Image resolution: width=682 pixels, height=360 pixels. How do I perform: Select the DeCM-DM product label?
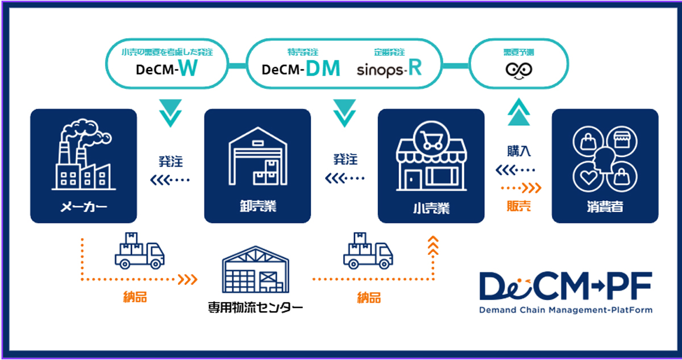[301, 69]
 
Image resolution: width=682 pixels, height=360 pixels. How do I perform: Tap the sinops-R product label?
[389, 69]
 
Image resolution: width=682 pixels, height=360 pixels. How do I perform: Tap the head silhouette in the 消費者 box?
[604, 163]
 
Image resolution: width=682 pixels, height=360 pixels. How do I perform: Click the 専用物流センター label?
[255, 309]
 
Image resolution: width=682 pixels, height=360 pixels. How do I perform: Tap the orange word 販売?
[519, 206]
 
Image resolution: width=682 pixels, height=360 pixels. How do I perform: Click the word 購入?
[519, 151]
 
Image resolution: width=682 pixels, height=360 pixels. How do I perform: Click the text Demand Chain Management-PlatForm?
[565, 310]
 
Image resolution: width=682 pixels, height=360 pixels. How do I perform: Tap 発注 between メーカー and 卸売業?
[170, 161]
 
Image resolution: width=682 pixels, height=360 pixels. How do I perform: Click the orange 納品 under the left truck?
[135, 297]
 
